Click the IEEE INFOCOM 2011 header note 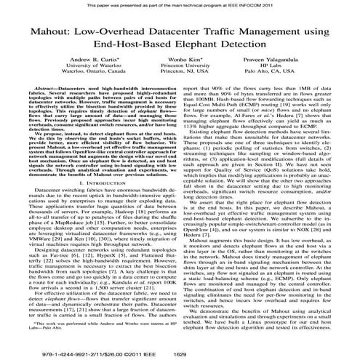[180, 5]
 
